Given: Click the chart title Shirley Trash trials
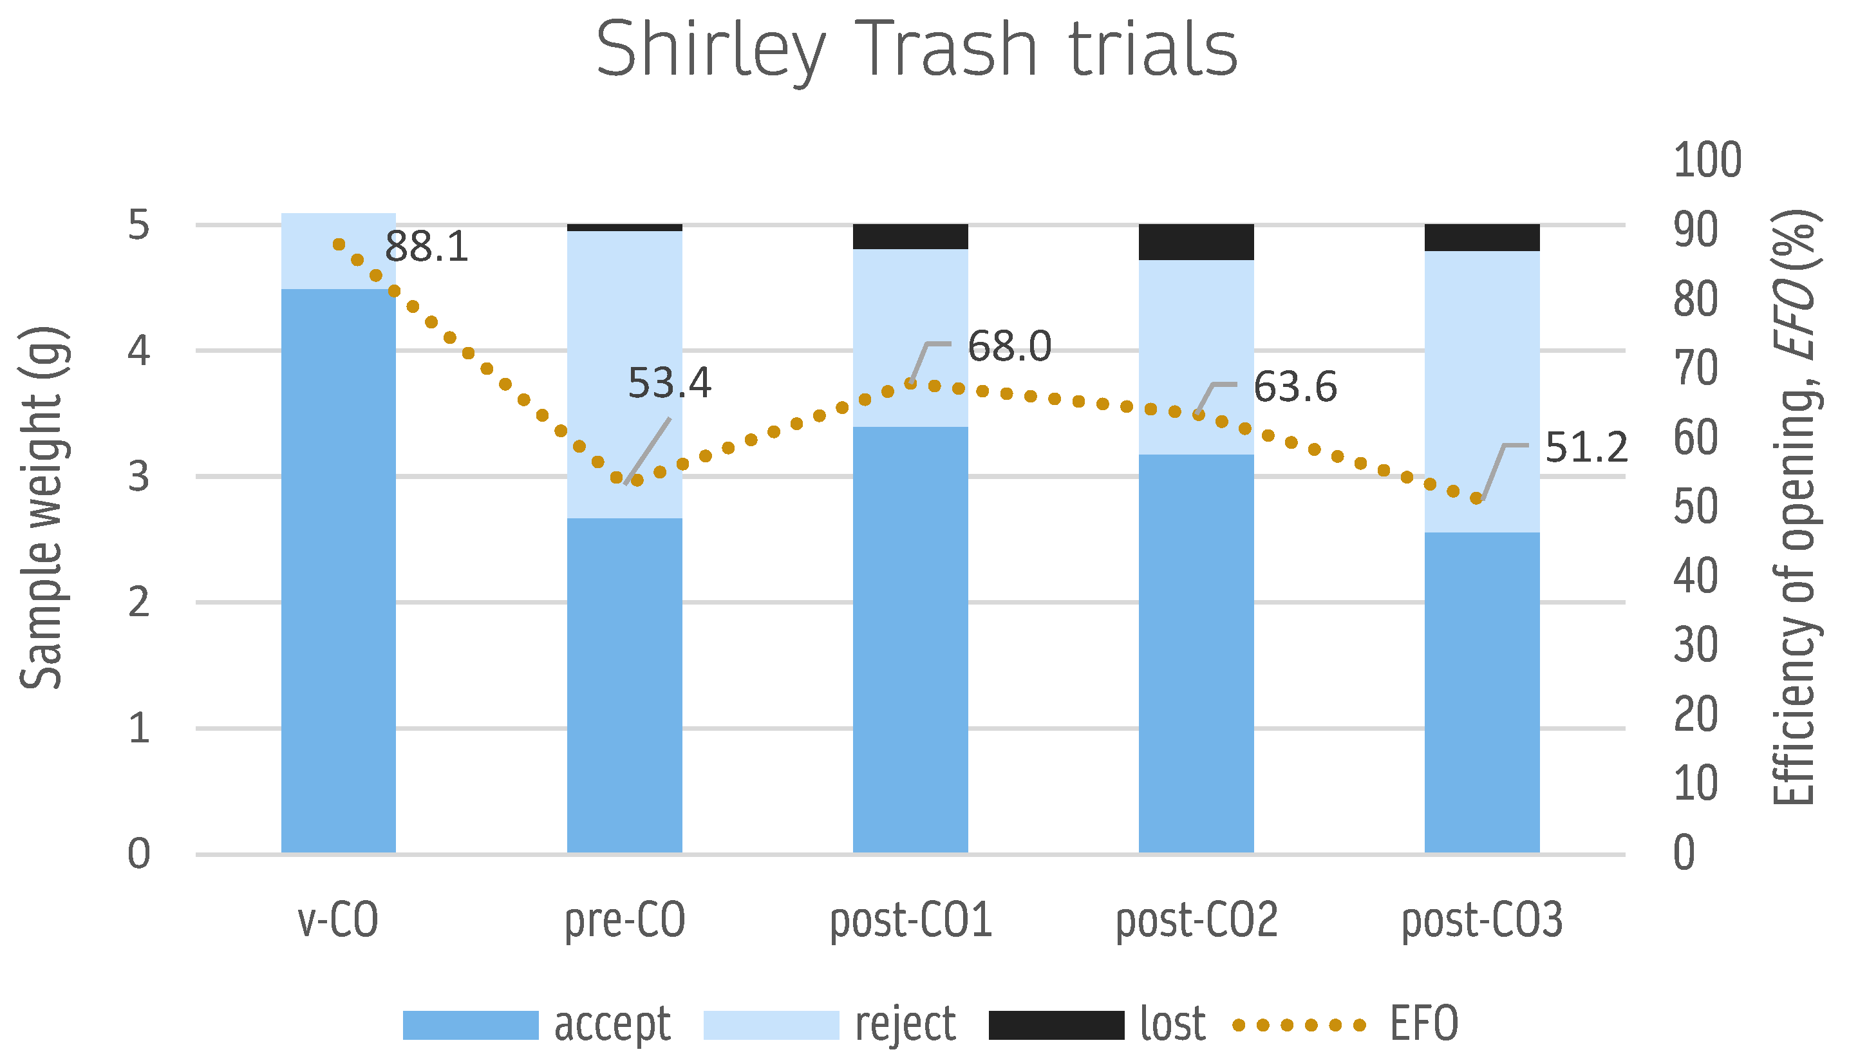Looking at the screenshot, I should point(917,50).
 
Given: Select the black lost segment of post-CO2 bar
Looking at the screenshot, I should point(1196,241).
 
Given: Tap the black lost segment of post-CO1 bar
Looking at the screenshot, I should point(910,236).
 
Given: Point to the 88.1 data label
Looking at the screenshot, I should point(426,247).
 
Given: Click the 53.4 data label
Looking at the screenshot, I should point(670,383).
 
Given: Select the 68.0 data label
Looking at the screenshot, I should point(1009,346).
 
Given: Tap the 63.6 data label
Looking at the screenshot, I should point(1295,387).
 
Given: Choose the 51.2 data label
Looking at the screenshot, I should point(1586,447).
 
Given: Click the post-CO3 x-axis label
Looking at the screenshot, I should point(1482,920).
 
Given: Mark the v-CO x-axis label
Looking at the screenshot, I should point(338,920).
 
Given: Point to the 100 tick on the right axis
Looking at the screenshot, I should point(1707,160).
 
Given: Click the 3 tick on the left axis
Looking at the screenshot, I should point(138,476).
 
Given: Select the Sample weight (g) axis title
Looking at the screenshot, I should point(42,507).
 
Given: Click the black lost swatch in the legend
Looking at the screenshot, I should point(1056,1024).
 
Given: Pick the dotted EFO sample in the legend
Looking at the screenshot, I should point(1299,1025).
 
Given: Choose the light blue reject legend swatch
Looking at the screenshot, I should point(771,1024).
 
